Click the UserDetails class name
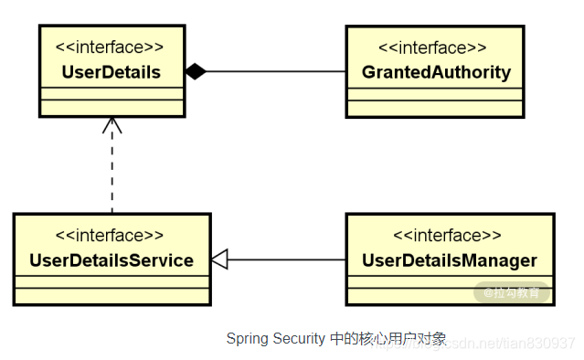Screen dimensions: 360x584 pyautogui.click(x=111, y=71)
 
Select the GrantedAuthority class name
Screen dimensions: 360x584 pyautogui.click(x=436, y=71)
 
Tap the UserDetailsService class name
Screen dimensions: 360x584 pyautogui.click(x=111, y=260)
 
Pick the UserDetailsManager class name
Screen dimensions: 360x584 pyautogui.click(x=449, y=260)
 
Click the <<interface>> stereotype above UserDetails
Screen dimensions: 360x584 pyautogui.click(x=111, y=47)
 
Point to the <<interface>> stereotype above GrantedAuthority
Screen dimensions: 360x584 pyautogui.click(x=436, y=47)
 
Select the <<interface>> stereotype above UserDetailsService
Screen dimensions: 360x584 pyautogui.click(x=111, y=236)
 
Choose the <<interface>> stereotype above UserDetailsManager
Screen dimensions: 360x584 pyautogui.click(x=449, y=236)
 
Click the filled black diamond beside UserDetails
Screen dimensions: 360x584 pyautogui.click(x=196, y=71)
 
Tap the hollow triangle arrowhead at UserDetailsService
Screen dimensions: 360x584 pyautogui.click(x=219, y=260)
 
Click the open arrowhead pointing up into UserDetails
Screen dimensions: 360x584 pyautogui.click(x=111, y=126)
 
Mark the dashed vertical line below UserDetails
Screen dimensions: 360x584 pyautogui.click(x=111, y=174)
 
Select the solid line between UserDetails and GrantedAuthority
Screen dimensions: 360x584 pyautogui.click(x=274, y=71)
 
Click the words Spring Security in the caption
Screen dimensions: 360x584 pyautogui.click(x=273, y=339)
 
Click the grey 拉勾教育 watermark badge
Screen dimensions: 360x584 pyautogui.click(x=512, y=292)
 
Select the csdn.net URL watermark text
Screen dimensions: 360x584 pyautogui.click(x=512, y=343)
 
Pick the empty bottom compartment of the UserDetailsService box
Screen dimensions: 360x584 pyautogui.click(x=111, y=294)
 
